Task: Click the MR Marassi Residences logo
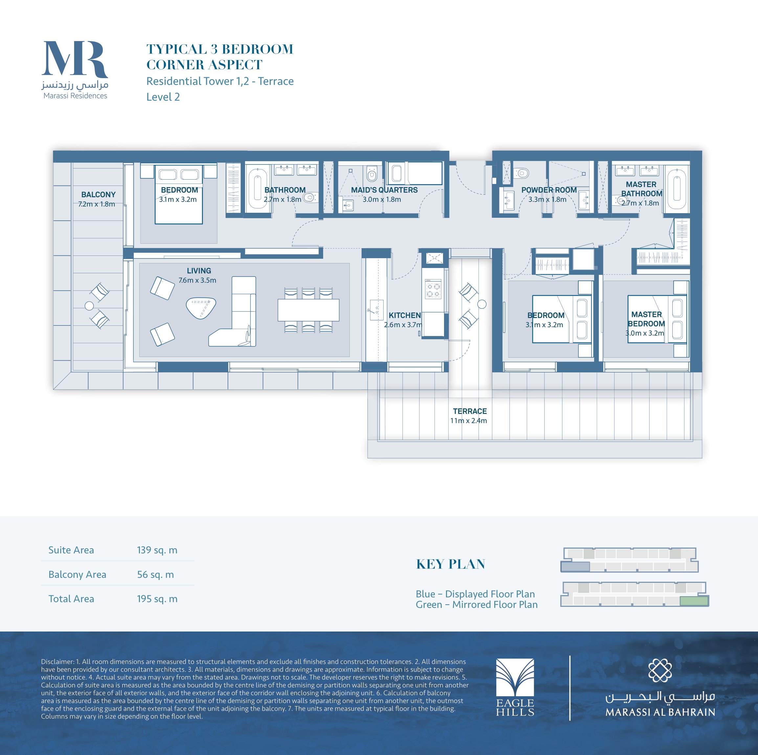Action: point(75,70)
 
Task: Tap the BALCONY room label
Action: point(98,195)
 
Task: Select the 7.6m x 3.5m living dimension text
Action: point(197,280)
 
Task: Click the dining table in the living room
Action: point(308,310)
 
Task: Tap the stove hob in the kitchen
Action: point(433,289)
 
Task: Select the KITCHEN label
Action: point(405,315)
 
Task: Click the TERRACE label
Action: point(470,411)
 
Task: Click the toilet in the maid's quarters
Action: point(371,173)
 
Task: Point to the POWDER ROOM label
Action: point(549,190)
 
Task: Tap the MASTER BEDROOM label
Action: point(646,319)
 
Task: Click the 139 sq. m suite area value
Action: point(157,550)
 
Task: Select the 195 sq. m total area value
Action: point(157,598)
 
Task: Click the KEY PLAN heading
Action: point(450,564)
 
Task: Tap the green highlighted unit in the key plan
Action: point(694,601)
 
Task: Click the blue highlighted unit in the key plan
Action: point(575,566)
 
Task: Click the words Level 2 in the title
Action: point(163,97)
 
